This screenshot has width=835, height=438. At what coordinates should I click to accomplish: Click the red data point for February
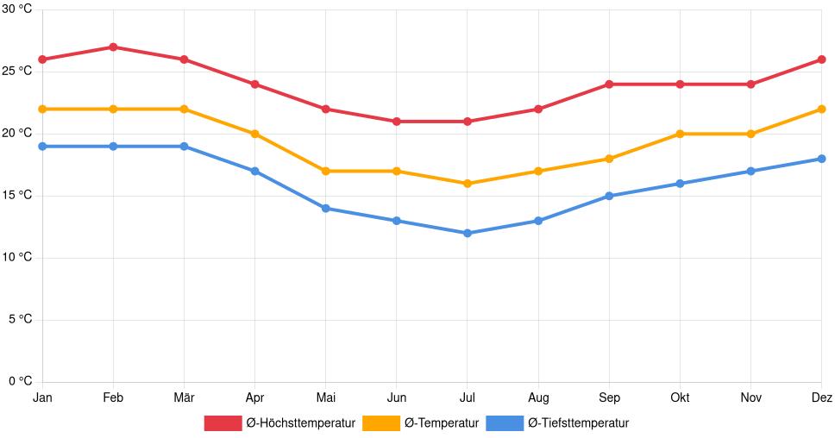[x=113, y=47]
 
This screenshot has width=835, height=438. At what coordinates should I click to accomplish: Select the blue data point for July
[x=467, y=233]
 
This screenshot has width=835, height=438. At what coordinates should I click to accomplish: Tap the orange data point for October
[x=680, y=134]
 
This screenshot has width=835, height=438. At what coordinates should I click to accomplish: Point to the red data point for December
[x=821, y=59]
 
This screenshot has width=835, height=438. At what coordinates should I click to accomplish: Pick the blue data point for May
[x=325, y=208]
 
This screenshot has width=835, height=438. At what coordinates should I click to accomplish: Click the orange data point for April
[x=254, y=134]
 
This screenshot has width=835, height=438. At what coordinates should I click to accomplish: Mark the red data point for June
[x=396, y=122]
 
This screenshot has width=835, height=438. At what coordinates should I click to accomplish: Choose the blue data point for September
[x=609, y=196]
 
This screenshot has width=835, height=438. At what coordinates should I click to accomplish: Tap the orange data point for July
[x=467, y=184]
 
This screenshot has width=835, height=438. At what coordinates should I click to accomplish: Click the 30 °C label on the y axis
[x=16, y=9]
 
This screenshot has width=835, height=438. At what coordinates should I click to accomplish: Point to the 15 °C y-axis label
[x=16, y=195]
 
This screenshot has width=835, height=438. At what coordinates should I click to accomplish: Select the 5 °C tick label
[x=20, y=319]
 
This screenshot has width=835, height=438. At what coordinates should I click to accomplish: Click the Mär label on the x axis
[x=184, y=397]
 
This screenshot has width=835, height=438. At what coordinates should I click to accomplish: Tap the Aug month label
[x=537, y=397]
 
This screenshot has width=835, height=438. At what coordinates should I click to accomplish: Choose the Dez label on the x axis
[x=822, y=397]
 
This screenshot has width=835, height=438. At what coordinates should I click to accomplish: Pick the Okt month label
[x=680, y=397]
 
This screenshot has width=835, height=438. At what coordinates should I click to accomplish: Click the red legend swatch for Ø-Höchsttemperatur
[x=223, y=422]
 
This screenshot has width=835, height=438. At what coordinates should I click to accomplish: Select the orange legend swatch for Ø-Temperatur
[x=380, y=422]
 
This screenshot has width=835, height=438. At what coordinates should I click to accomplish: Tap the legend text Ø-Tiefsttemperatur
[x=578, y=422]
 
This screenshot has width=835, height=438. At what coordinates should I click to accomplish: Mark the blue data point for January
[x=42, y=147]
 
